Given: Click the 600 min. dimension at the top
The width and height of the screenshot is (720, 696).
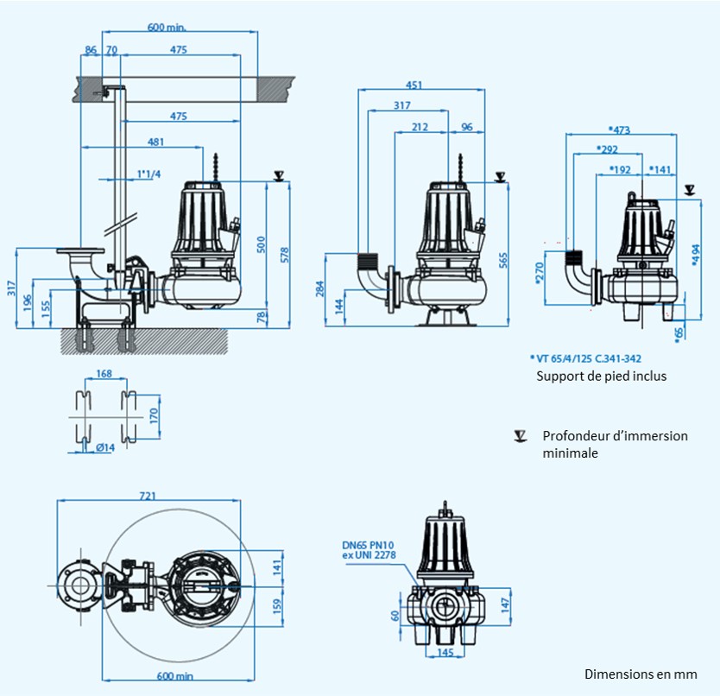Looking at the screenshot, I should pyautogui.click(x=167, y=27).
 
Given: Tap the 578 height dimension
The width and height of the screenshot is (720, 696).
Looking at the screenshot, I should pyautogui.click(x=285, y=254).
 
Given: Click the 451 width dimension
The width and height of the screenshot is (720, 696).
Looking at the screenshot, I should pyautogui.click(x=414, y=85).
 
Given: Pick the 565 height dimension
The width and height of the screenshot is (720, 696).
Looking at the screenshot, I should pyautogui.click(x=503, y=259).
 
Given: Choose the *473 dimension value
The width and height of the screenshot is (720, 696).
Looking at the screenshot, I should pyautogui.click(x=620, y=130).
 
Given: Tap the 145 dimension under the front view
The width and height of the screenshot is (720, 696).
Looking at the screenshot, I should pyautogui.click(x=445, y=652).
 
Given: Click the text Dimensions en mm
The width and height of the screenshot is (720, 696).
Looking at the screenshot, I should pyautogui.click(x=640, y=674).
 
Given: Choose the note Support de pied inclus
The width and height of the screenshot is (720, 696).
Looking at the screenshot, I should pyautogui.click(x=601, y=376).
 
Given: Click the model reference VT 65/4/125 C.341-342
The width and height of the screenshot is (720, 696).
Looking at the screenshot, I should pyautogui.click(x=590, y=357).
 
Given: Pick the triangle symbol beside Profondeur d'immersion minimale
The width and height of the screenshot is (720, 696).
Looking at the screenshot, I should pyautogui.click(x=520, y=435).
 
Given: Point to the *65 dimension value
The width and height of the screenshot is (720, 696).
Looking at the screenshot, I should pyautogui.click(x=679, y=333).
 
